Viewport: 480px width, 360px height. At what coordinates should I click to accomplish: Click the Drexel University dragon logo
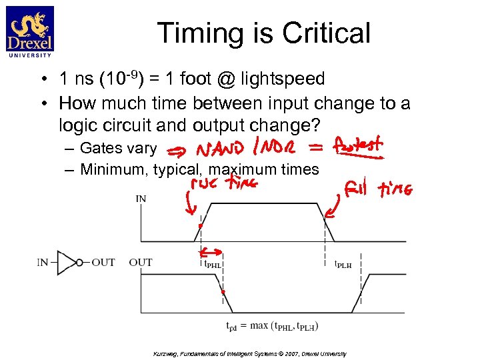pos(30,30)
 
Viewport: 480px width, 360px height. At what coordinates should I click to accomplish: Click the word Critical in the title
pos(326,33)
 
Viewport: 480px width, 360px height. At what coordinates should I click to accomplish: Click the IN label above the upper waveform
pos(141,198)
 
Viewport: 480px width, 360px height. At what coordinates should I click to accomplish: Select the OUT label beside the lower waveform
pos(140,262)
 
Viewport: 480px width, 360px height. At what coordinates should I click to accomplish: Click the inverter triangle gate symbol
pos(67,262)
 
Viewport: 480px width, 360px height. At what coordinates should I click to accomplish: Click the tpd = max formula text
pos(273,325)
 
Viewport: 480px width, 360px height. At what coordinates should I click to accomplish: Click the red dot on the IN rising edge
pos(200,226)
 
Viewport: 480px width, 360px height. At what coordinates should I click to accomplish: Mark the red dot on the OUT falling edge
pos(223,292)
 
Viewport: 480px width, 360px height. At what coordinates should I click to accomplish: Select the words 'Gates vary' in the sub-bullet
pos(118,148)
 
